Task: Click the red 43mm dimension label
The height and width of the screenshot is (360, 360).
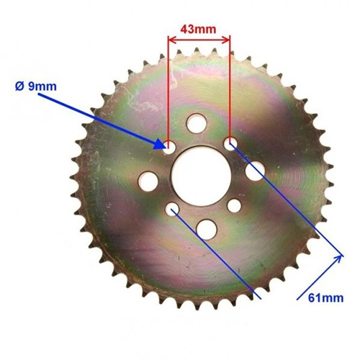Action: (x=198, y=30)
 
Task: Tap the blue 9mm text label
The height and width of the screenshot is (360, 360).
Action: (x=42, y=86)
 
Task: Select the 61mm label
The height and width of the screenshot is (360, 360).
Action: (x=325, y=298)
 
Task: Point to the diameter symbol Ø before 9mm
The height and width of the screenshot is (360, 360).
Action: (x=20, y=86)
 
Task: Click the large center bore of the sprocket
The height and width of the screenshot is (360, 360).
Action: (x=201, y=176)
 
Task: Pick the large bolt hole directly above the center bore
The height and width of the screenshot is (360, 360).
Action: (x=197, y=124)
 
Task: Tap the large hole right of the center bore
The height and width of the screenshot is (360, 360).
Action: (x=255, y=171)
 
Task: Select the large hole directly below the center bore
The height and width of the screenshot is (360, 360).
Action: (x=207, y=230)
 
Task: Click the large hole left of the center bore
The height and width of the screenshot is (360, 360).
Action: (x=148, y=181)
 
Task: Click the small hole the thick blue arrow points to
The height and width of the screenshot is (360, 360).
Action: (x=169, y=147)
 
